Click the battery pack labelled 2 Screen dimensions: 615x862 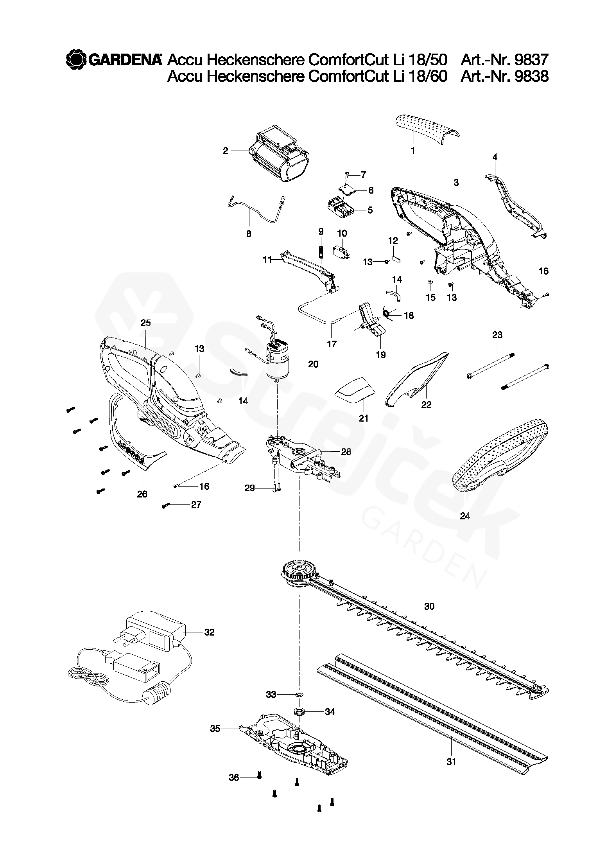[281, 158]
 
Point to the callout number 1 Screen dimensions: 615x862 [413, 150]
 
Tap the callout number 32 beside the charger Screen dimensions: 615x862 [209, 632]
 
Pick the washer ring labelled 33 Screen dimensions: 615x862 [299, 695]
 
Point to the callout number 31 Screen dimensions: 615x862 [451, 762]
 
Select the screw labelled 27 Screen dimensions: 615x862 [164, 506]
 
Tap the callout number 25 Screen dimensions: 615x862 [145, 323]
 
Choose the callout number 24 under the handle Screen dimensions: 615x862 [464, 516]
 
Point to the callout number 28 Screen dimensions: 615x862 [346, 452]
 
